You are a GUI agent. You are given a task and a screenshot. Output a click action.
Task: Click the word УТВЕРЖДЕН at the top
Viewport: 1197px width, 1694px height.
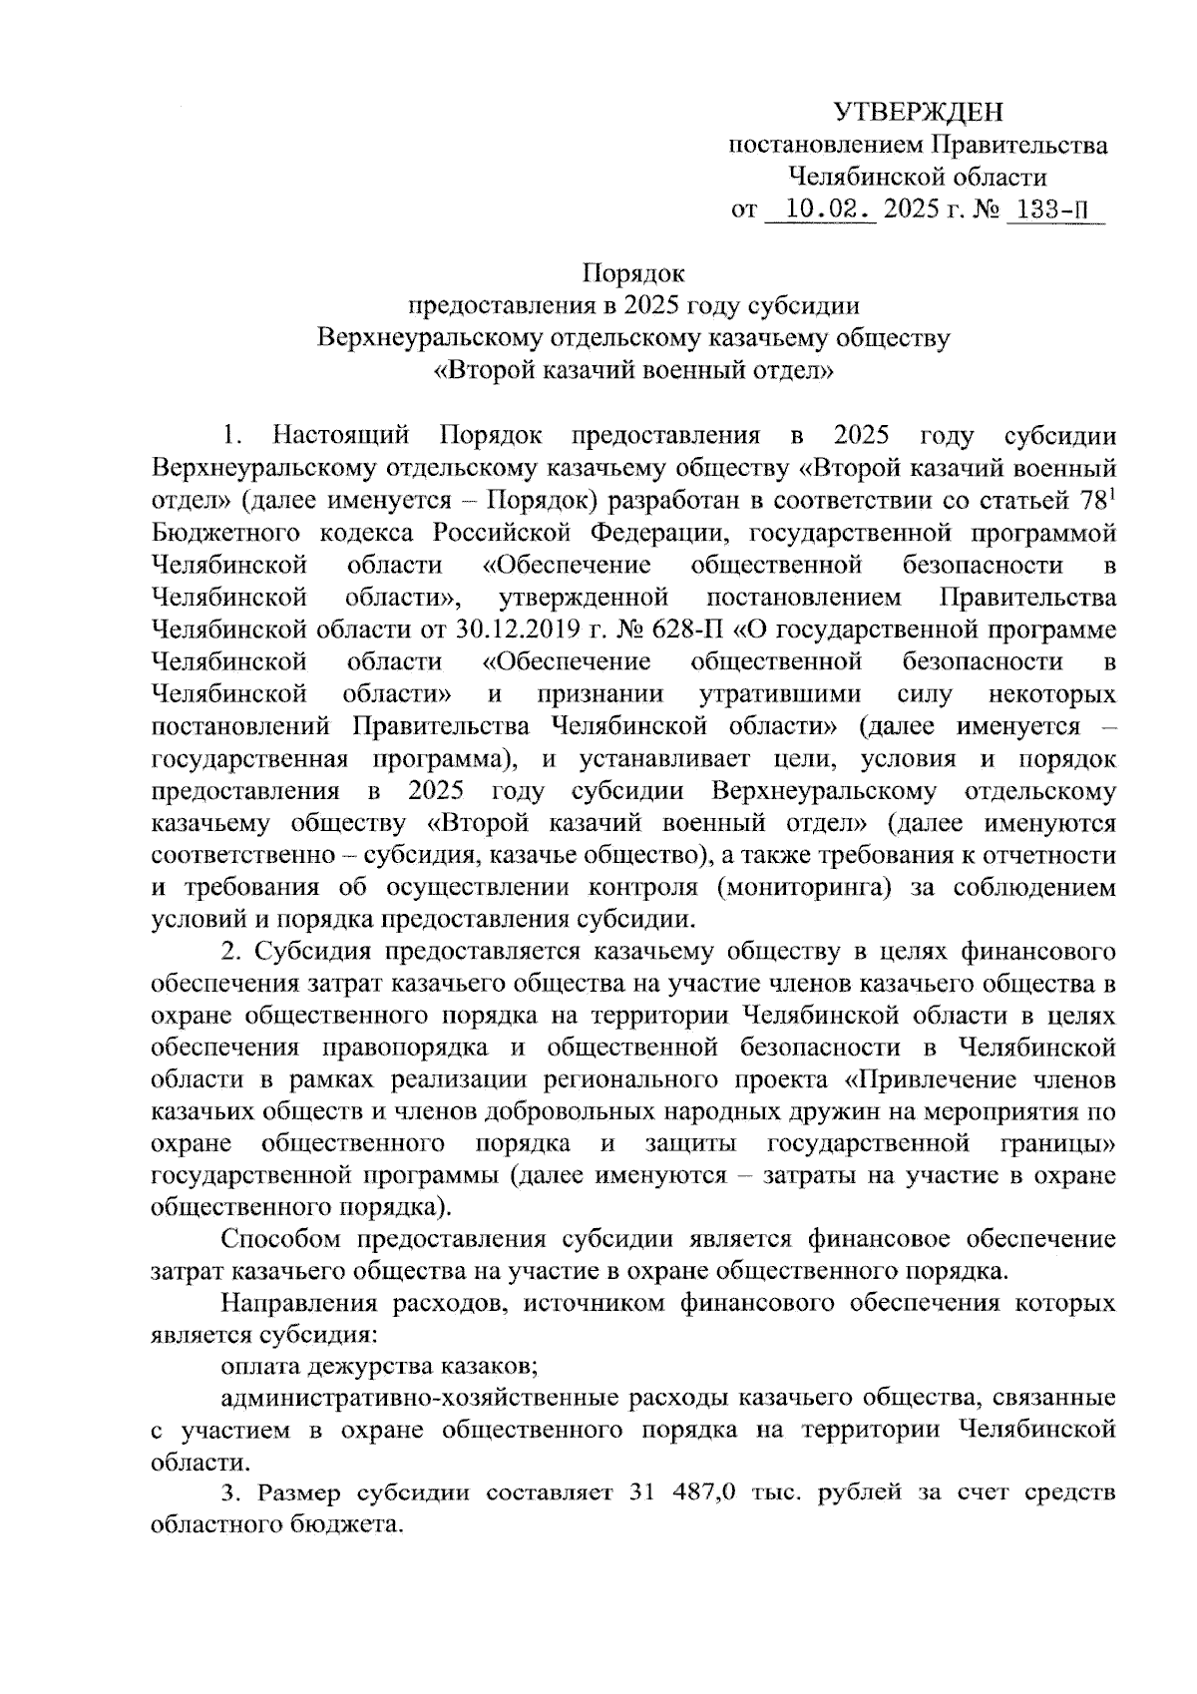[x=919, y=111]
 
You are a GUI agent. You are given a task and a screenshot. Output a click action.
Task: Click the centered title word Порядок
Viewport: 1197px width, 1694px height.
[x=633, y=272]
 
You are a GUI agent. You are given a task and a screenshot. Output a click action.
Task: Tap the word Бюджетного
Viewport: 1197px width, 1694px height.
[x=226, y=533]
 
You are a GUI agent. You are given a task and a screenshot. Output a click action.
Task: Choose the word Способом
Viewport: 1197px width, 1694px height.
[x=281, y=1240]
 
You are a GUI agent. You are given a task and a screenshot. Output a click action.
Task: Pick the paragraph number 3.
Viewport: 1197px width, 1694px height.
[x=230, y=1492]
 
